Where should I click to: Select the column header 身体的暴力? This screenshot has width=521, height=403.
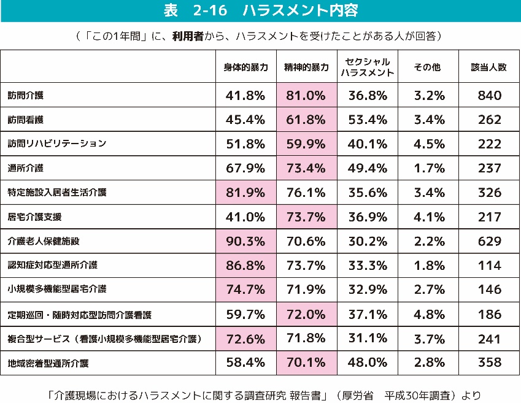245,67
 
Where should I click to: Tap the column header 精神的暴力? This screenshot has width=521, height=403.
306,67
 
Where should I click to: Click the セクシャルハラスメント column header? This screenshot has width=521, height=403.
367,67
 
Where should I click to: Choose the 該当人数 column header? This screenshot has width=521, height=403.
489,67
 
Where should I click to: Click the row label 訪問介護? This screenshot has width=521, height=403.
26,96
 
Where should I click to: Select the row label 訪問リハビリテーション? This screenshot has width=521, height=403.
57,144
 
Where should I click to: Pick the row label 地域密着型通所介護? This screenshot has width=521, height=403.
48,363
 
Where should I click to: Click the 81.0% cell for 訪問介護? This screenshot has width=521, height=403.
306,96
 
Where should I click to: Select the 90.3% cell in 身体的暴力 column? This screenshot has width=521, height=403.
245,241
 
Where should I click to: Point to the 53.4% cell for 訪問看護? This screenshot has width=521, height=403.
367,120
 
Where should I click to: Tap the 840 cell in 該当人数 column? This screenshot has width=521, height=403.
489,96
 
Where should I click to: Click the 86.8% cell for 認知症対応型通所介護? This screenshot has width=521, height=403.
245,266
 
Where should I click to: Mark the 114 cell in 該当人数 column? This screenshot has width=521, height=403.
489,266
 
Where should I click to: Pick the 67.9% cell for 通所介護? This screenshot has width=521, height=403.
245,168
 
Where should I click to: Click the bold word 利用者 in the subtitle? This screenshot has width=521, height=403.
190,36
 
